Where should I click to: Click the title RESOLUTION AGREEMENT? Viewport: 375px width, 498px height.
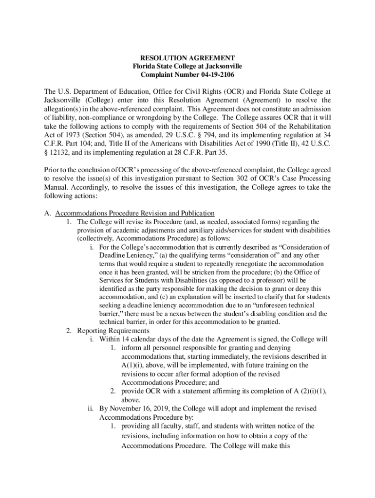tap(187, 57)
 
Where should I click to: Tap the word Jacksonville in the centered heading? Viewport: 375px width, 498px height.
tap(219, 66)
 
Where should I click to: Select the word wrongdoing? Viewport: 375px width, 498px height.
tap(172, 118)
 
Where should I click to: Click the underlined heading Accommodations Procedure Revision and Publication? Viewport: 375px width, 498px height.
tap(134, 213)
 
